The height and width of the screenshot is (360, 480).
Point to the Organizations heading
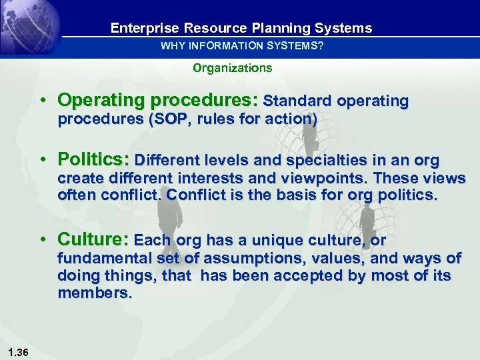point(233,68)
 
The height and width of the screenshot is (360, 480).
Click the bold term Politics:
point(94,160)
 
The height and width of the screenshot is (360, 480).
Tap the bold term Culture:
point(93,239)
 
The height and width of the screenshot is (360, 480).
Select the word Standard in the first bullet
point(297,101)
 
